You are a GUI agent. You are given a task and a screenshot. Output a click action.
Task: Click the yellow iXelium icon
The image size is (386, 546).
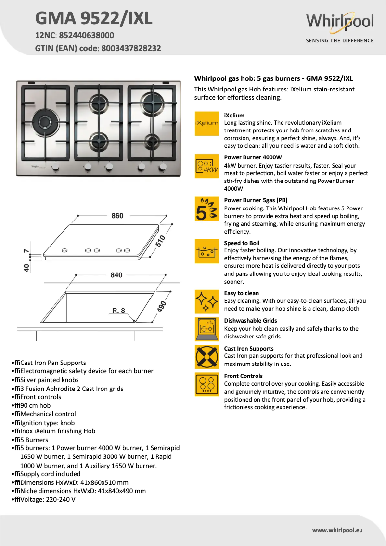coord(206,123)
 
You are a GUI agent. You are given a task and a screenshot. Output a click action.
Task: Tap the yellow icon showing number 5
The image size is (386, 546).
coord(206,209)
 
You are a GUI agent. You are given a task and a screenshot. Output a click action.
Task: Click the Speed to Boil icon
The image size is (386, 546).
coord(206,251)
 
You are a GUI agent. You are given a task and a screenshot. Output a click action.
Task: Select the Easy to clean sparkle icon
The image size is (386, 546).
coord(206,301)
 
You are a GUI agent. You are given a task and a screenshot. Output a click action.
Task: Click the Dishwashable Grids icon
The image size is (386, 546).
coord(206,329)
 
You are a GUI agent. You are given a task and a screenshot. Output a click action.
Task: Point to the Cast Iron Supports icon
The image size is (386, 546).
coord(206,357)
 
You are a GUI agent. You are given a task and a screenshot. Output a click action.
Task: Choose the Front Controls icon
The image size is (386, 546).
coord(206,384)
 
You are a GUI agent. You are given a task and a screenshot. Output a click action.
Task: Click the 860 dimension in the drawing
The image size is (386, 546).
coord(117,216)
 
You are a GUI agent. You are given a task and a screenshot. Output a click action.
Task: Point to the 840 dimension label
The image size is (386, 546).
coord(116,275)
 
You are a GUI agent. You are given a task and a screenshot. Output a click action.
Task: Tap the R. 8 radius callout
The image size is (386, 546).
coord(118,311)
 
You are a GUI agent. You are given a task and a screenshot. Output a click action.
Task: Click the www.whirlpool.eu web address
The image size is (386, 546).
coord(337,530)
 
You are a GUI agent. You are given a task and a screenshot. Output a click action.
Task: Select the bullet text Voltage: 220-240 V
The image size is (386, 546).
coord(46,499)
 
